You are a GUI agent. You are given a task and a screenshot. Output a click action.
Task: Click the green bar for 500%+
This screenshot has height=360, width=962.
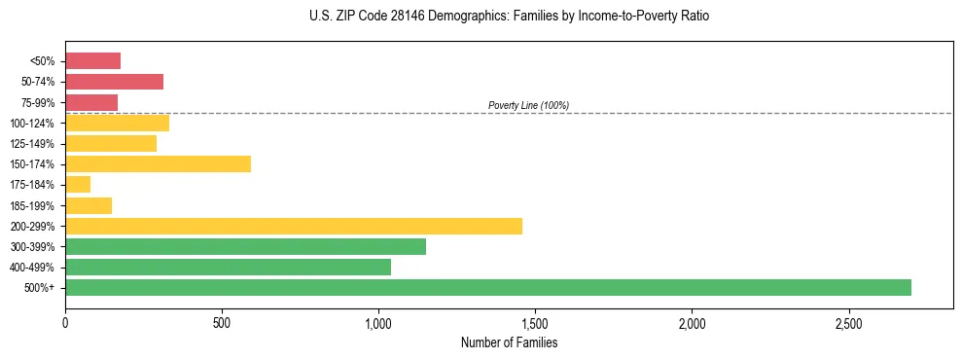[x=487, y=287]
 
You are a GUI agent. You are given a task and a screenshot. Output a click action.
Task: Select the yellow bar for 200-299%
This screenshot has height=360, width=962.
[x=293, y=226]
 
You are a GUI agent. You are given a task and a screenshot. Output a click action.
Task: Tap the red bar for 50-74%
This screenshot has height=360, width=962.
[x=114, y=82]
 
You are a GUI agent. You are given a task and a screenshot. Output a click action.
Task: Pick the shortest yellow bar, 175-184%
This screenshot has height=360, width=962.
[x=78, y=185]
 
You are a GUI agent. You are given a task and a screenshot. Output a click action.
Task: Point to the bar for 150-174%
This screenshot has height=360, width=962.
[x=158, y=163]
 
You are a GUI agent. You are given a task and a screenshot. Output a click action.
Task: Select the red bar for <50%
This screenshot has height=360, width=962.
[x=92, y=61]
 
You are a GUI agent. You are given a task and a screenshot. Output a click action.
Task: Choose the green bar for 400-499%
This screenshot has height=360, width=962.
[x=228, y=267]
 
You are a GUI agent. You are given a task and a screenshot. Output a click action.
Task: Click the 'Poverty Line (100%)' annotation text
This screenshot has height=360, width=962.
[x=528, y=105]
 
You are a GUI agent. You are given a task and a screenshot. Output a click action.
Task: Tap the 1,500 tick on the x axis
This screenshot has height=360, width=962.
[x=535, y=322]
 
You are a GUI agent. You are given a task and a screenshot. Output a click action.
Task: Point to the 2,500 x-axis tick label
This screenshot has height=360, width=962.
[x=848, y=322]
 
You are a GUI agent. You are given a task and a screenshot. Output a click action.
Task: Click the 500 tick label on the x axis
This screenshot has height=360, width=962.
[x=222, y=322]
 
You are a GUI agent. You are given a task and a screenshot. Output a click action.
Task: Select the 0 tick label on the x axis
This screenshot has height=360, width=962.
[x=65, y=322]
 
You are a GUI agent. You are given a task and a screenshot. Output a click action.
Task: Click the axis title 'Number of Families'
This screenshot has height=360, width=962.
[x=509, y=342]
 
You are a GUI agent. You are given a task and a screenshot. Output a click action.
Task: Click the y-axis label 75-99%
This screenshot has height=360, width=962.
[x=38, y=103]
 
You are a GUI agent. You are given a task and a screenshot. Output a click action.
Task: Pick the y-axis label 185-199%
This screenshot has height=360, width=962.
[x=35, y=205]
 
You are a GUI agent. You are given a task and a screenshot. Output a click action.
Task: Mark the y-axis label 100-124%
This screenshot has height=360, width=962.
[x=35, y=124]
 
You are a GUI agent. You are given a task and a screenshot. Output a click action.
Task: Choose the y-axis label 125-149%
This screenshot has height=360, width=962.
[x=35, y=144]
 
